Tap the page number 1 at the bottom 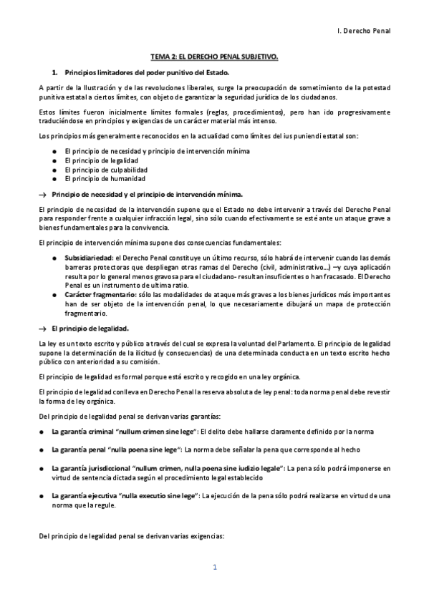(214, 568)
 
